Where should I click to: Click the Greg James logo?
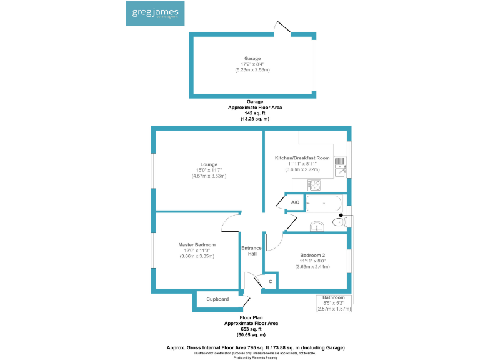click(x=154, y=13)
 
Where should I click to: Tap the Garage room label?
click(x=252, y=58)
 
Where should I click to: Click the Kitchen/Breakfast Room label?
click(x=302, y=157)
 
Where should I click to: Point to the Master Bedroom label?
click(x=197, y=244)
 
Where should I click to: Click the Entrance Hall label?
click(x=252, y=251)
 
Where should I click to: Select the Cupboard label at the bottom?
click(x=217, y=299)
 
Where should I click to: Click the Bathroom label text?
click(x=334, y=297)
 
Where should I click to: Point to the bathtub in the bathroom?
click(x=324, y=203)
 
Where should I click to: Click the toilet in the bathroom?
click(x=339, y=221)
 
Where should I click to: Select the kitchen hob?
click(x=314, y=185)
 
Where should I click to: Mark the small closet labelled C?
click(x=270, y=282)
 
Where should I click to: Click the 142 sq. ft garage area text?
click(x=254, y=112)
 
